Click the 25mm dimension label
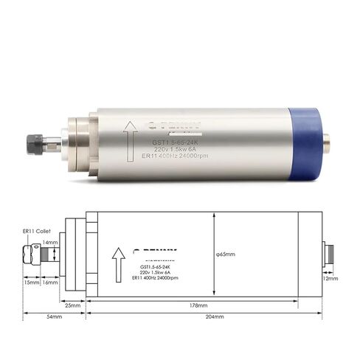(72, 304)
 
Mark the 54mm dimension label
(55, 316)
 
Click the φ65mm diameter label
(225, 255)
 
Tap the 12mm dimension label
(330, 279)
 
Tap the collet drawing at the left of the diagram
(32, 256)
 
